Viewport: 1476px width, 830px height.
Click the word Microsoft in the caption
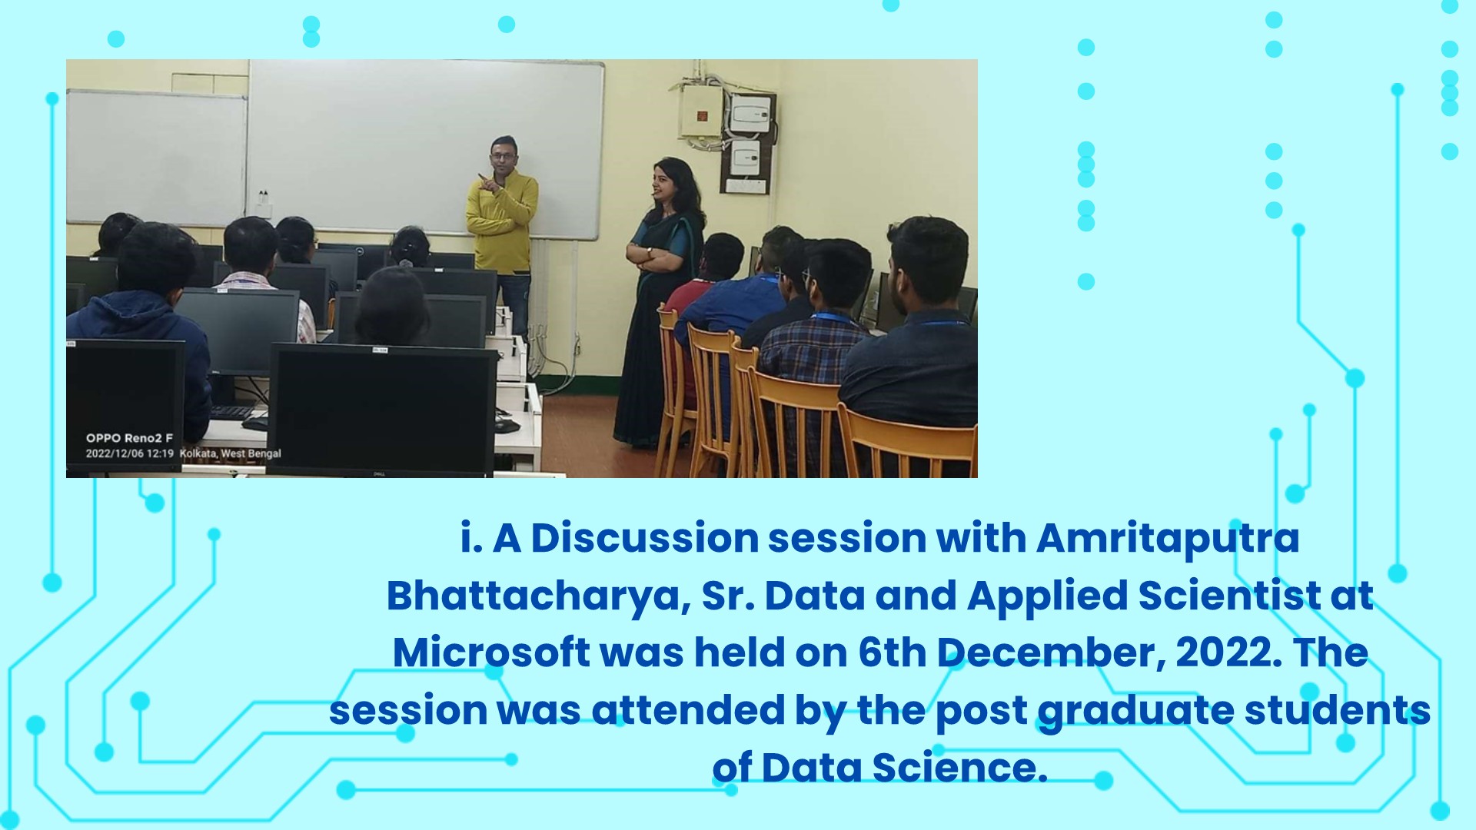tap(490, 653)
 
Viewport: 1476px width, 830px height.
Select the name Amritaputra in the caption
tap(1167, 539)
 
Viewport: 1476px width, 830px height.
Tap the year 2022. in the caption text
tap(1229, 653)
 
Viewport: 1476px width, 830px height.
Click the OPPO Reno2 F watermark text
tap(129, 438)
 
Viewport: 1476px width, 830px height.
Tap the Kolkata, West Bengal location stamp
tap(231, 453)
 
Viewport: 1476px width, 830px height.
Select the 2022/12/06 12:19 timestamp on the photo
tap(129, 453)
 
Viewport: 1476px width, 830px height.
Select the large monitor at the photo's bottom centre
tap(382, 409)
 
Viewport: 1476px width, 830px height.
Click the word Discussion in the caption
tap(645, 539)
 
